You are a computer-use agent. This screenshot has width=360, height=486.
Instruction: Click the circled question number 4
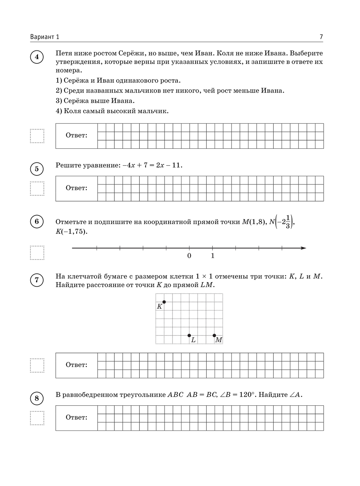[37, 57]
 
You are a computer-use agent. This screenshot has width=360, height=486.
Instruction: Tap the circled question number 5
[37, 169]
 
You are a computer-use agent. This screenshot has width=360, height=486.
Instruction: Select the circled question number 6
[37, 222]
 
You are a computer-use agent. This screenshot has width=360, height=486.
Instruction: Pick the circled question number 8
[37, 398]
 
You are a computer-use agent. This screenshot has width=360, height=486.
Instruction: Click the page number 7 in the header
[321, 37]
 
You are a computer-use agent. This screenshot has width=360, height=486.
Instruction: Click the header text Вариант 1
[45, 37]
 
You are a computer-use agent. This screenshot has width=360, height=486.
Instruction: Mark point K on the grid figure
[164, 302]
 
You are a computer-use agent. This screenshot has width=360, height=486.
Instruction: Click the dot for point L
[189, 335]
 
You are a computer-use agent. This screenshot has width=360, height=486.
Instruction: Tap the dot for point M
[215, 335]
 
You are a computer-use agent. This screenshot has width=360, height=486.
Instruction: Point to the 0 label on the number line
[189, 256]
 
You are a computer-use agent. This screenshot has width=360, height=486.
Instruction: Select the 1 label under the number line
[213, 256]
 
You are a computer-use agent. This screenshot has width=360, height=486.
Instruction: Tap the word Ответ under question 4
[76, 135]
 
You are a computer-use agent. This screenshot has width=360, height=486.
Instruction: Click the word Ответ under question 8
[76, 418]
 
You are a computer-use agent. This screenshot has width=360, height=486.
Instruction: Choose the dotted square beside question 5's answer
[37, 188]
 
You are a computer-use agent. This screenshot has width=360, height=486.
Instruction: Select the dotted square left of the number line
[37, 253]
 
